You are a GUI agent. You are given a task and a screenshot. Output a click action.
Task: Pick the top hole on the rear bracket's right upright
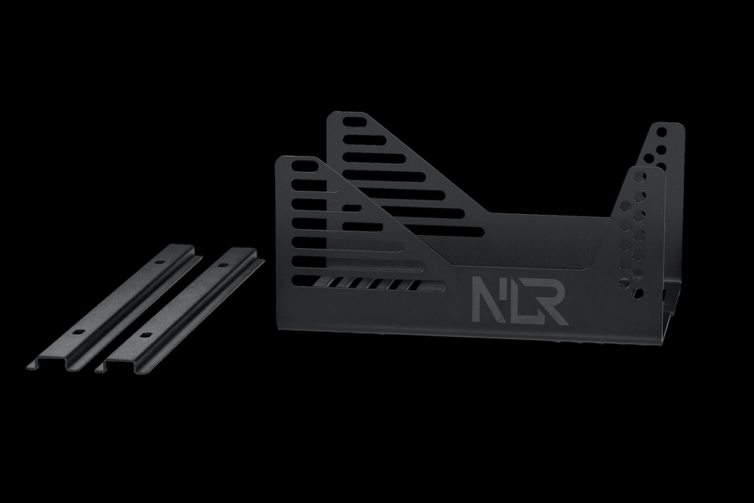coord(662,131)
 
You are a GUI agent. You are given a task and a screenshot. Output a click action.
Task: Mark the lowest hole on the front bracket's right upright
coord(624,284)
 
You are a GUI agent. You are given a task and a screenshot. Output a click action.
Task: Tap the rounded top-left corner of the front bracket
coord(280,161)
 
